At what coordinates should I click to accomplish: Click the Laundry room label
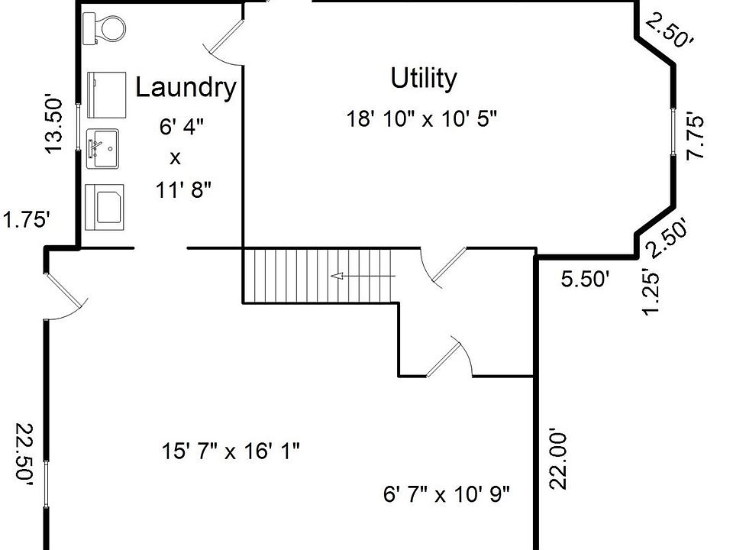(x=186, y=87)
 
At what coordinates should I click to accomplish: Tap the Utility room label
(x=424, y=78)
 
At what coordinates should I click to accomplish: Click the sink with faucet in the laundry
(x=102, y=147)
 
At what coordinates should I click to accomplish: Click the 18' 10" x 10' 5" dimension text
(x=422, y=119)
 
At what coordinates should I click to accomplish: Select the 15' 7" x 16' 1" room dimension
(x=230, y=451)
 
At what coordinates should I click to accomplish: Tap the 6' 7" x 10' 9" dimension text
(x=447, y=494)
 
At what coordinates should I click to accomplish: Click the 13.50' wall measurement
(x=53, y=124)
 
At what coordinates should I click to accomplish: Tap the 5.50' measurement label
(x=586, y=280)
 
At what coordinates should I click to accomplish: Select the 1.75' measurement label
(x=27, y=220)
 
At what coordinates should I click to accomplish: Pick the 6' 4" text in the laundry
(x=182, y=126)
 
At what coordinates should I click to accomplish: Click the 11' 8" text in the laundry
(x=183, y=189)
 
